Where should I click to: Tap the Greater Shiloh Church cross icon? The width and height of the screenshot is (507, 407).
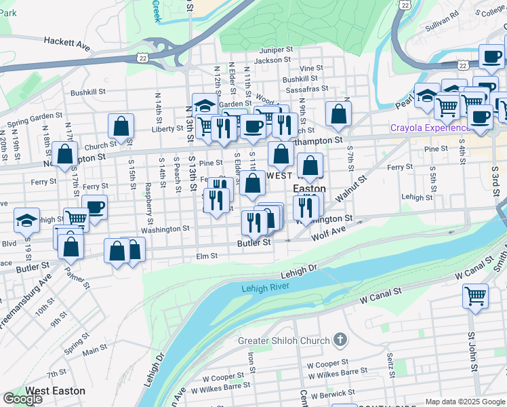pyautogui.click(x=340, y=340)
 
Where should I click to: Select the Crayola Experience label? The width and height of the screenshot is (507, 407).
pyautogui.click(x=429, y=128)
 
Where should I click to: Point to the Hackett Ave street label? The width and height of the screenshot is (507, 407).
pyautogui.click(x=67, y=41)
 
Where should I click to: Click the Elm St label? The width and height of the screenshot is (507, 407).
pyautogui.click(x=206, y=256)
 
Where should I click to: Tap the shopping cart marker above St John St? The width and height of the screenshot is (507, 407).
pyautogui.click(x=476, y=296)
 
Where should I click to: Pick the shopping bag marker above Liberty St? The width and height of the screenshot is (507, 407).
pyautogui.click(x=121, y=126)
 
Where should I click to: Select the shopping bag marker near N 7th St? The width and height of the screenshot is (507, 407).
pyautogui.click(x=338, y=114)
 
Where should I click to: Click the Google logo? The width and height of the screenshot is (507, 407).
pyautogui.click(x=22, y=399)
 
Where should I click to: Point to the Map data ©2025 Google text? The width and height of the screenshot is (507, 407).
pyautogui.click(x=464, y=402)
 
